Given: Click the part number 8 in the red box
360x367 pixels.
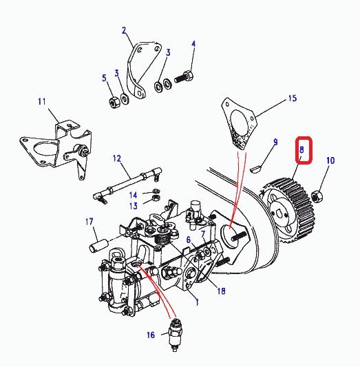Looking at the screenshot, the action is click(x=301, y=149).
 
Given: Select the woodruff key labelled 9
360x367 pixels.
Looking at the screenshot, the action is click(x=256, y=169).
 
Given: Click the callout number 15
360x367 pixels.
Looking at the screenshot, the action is click(x=292, y=98).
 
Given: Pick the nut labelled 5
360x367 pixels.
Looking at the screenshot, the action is click(x=115, y=103).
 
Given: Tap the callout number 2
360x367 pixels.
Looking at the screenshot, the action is click(x=124, y=30).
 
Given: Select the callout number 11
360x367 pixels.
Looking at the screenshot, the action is click(x=42, y=102).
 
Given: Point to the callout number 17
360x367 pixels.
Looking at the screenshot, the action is click(x=89, y=222).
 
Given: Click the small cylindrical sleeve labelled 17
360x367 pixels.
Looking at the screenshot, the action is click(x=98, y=245).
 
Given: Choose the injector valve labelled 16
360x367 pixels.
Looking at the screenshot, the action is click(x=176, y=335).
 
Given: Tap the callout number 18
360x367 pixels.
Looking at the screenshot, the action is click(x=221, y=291).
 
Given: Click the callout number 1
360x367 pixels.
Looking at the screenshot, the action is click(x=197, y=302).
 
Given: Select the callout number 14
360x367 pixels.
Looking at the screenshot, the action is click(x=133, y=195).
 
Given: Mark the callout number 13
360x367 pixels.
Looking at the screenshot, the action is click(x=133, y=206).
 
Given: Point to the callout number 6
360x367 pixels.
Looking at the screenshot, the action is click(x=189, y=240).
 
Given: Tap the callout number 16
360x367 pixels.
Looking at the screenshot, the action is click(x=151, y=335).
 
